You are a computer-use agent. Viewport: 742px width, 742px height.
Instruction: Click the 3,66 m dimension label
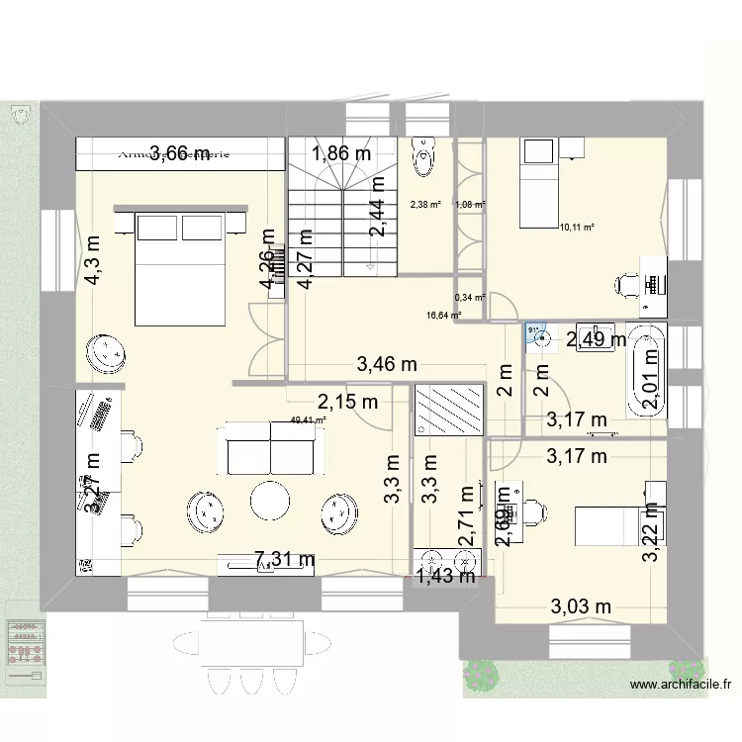[179, 152]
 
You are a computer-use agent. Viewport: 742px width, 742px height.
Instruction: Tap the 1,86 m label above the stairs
[341, 153]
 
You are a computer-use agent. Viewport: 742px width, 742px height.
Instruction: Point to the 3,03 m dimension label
[581, 606]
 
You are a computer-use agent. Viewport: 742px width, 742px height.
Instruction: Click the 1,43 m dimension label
[445, 576]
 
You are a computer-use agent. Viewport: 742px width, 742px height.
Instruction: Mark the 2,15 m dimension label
[347, 402]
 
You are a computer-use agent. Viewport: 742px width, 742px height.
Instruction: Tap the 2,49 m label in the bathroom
[595, 340]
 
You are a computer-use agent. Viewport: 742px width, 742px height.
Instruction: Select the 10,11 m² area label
[577, 227]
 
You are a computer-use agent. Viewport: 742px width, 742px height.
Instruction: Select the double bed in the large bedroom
[182, 265]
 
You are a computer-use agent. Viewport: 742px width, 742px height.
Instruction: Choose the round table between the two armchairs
[270, 501]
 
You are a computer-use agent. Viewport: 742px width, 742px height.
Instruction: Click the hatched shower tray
[448, 410]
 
